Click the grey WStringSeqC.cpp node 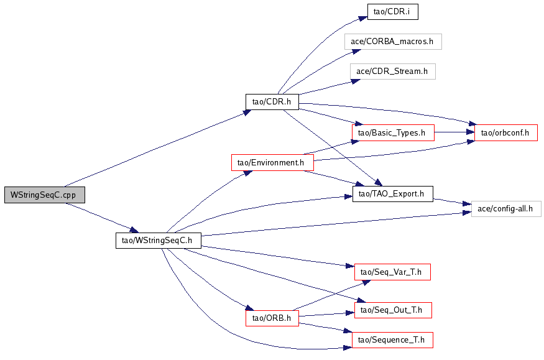click(x=44, y=195)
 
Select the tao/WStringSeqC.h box click(x=158, y=241)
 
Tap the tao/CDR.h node click(x=272, y=102)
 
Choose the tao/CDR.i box click(x=393, y=12)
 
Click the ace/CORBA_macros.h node click(x=393, y=42)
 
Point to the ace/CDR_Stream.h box click(x=393, y=72)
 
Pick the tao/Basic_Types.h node click(x=393, y=133)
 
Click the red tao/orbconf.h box click(x=506, y=133)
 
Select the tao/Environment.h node click(x=272, y=163)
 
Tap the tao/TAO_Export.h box click(x=393, y=194)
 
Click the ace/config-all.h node click(x=506, y=209)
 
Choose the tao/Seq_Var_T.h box click(x=392, y=272)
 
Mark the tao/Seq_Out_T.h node click(x=393, y=310)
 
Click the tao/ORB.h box click(x=272, y=318)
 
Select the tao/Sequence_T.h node click(x=392, y=340)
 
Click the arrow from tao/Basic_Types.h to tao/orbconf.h click(x=454, y=132)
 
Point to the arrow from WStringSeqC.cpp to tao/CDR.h click(x=158, y=149)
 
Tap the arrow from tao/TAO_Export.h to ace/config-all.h click(x=453, y=202)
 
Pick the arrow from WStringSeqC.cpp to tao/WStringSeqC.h click(x=102, y=218)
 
